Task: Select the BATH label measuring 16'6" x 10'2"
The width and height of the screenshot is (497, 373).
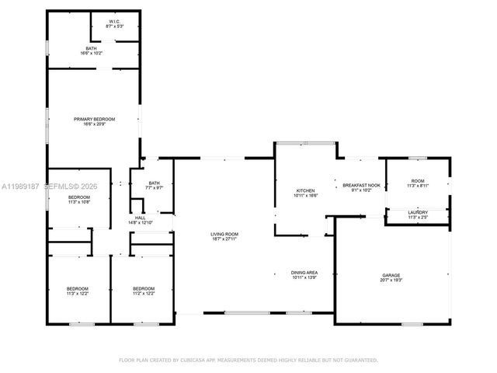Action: click(x=92, y=49)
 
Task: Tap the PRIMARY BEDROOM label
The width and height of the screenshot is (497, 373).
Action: click(x=94, y=119)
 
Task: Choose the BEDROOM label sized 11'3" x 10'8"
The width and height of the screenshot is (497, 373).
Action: click(x=79, y=197)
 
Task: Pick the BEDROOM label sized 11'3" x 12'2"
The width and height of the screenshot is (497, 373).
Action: click(x=77, y=289)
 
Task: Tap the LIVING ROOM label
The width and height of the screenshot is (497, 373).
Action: click(x=224, y=234)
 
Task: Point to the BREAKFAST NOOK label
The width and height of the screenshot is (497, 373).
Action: click(x=362, y=185)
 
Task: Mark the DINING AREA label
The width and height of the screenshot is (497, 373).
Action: click(x=304, y=273)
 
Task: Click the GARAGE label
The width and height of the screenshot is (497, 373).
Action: click(x=391, y=275)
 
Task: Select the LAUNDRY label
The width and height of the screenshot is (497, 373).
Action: click(x=418, y=213)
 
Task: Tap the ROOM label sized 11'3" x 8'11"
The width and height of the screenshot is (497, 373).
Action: click(x=418, y=181)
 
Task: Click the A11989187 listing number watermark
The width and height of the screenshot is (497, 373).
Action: click(x=19, y=186)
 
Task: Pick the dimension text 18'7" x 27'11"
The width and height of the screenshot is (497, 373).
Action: click(x=224, y=239)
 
